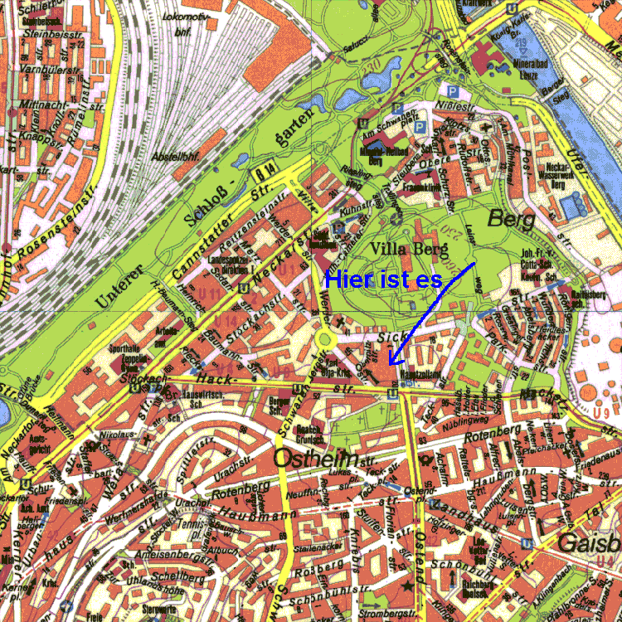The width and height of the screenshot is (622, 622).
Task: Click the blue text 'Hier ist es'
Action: tap(383, 279)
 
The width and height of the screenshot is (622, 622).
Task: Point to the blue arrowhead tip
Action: tap(391, 365)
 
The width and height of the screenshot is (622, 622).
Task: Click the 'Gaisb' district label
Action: tap(589, 544)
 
